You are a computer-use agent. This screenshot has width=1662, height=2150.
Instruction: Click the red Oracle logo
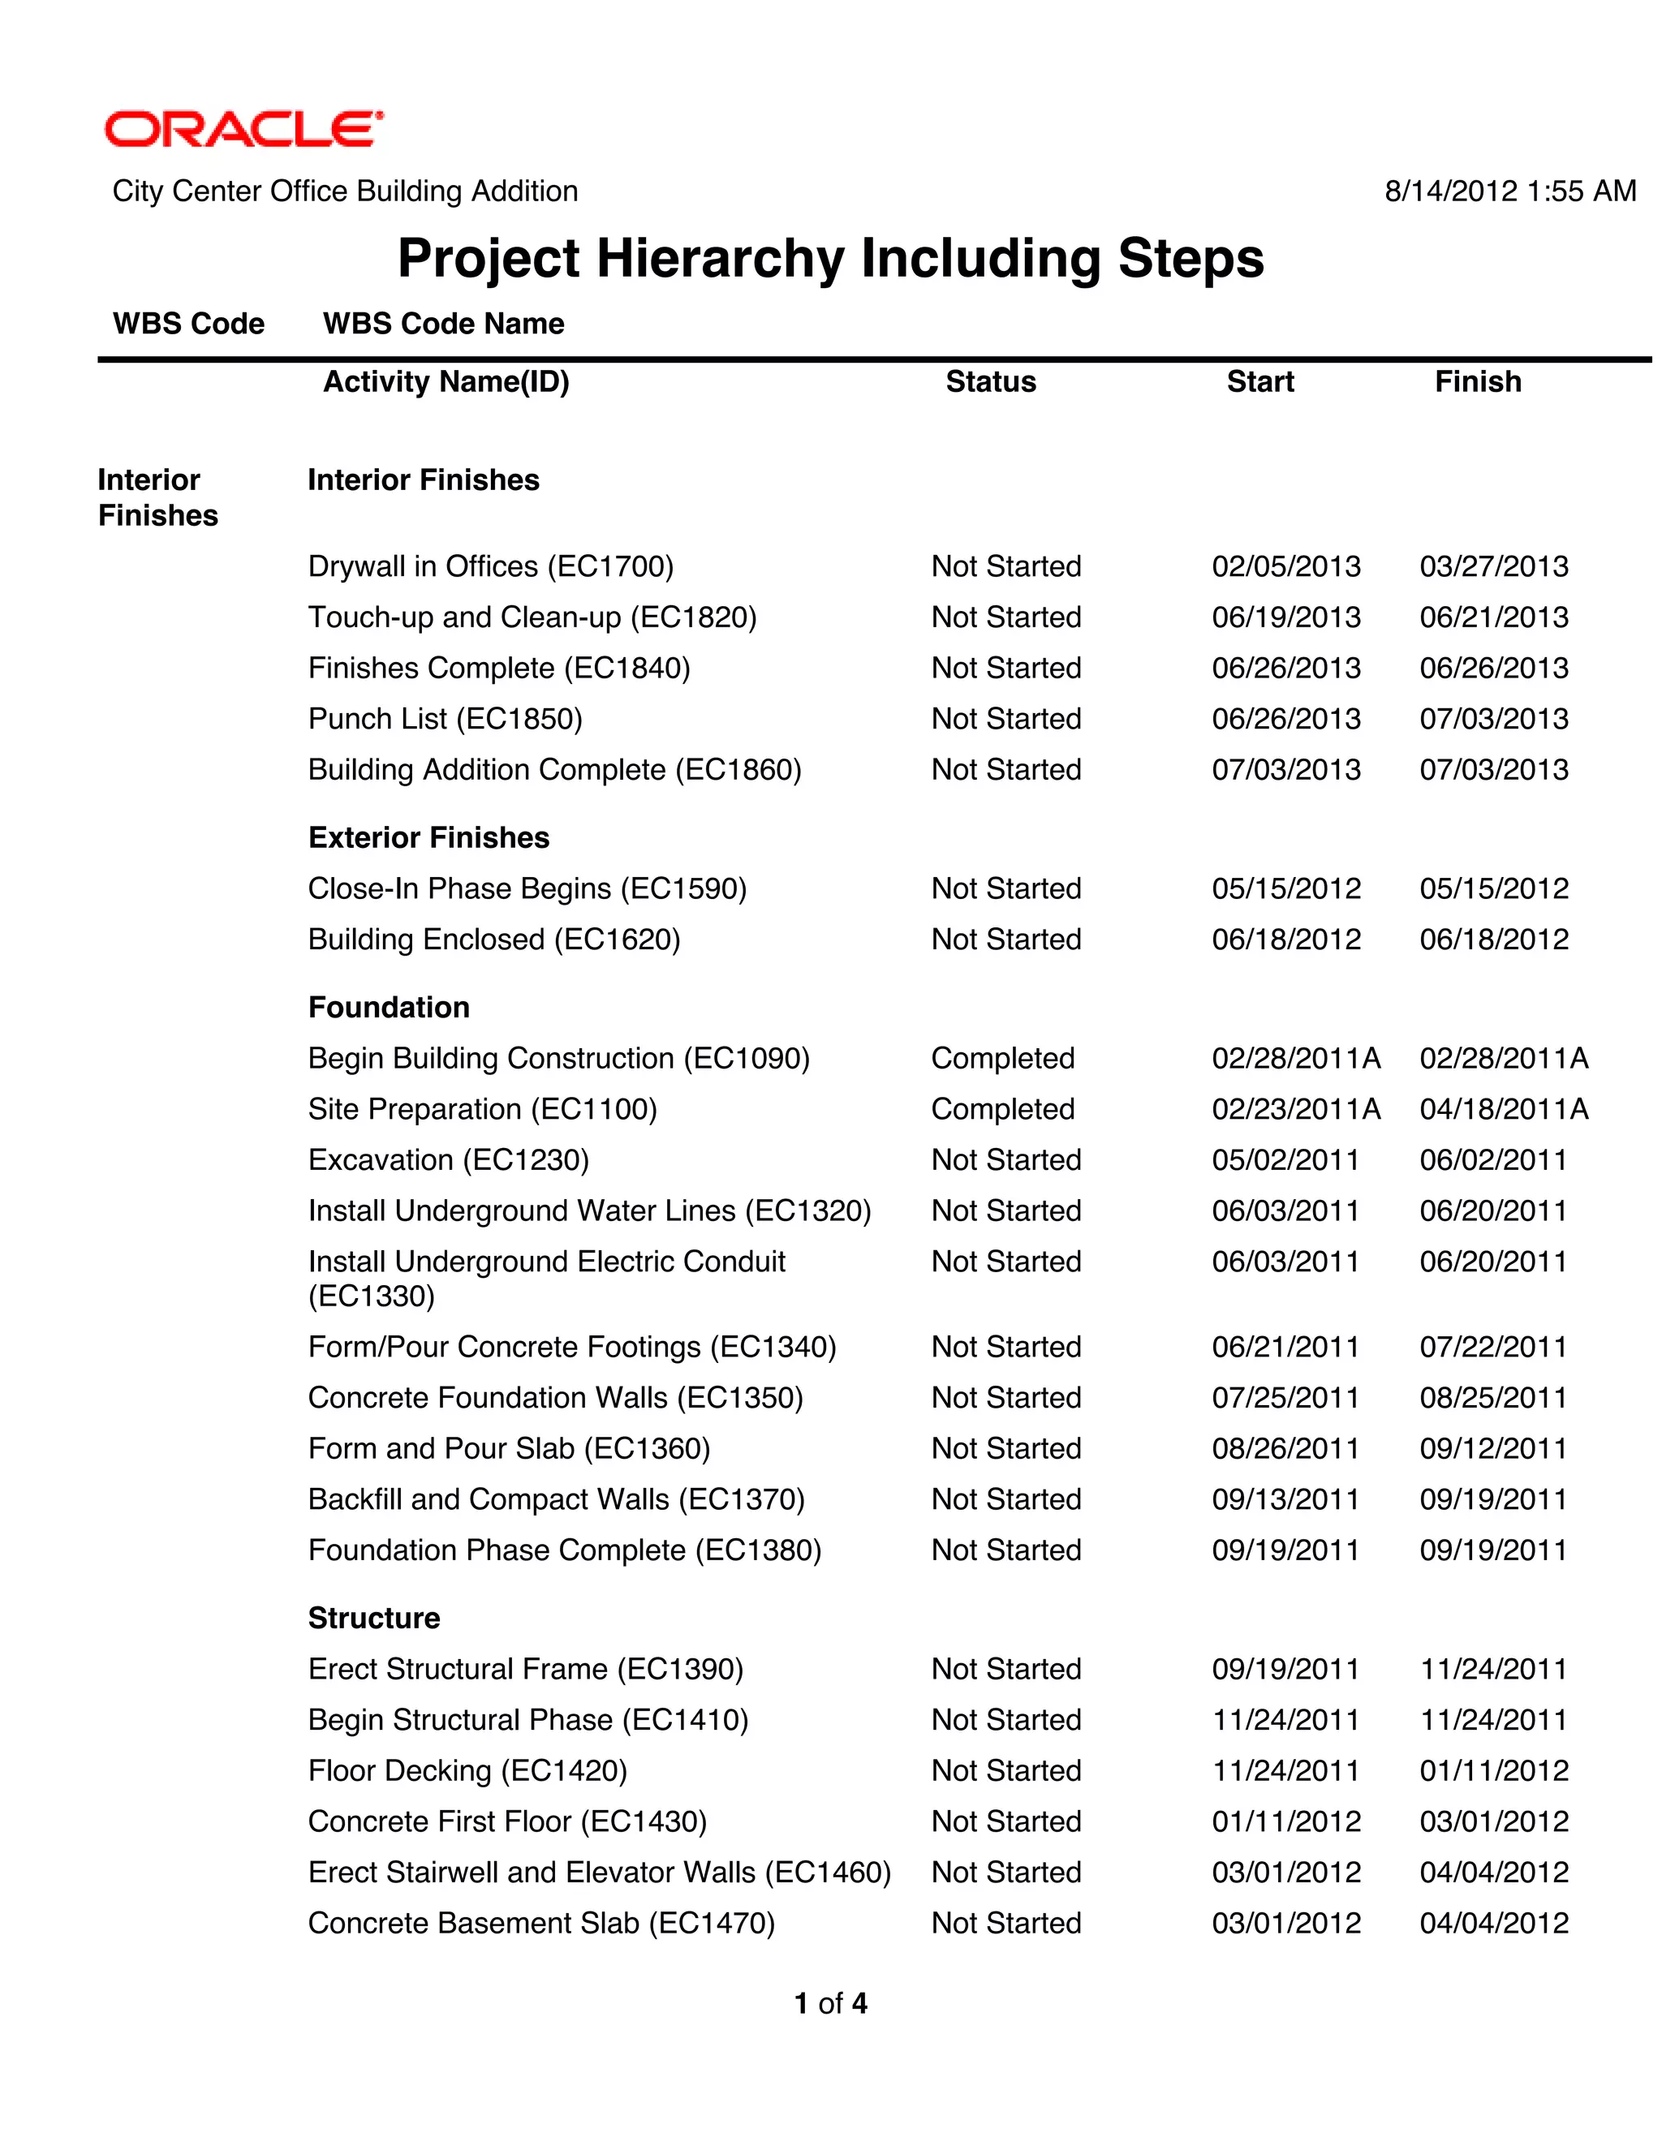click(243, 129)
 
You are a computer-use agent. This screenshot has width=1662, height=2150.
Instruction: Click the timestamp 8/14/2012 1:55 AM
click(1509, 191)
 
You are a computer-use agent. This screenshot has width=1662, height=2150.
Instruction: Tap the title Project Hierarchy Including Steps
click(830, 259)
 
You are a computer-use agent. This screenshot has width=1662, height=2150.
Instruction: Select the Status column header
click(991, 382)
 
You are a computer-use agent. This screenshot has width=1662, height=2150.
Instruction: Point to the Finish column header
click(1477, 382)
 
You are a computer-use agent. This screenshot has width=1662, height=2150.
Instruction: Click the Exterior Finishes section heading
click(428, 838)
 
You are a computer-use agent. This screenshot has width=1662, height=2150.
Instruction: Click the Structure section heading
click(373, 1618)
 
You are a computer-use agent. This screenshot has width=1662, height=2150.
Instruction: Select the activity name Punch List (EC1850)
click(445, 719)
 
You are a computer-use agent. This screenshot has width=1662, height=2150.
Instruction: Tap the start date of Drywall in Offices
click(1286, 566)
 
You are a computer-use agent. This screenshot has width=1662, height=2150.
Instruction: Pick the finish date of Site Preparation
click(1504, 1109)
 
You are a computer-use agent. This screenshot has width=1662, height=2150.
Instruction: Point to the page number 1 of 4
click(830, 2003)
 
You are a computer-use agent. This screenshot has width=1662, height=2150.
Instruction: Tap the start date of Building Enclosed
click(1286, 940)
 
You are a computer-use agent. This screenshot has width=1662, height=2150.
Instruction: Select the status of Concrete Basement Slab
click(1005, 1923)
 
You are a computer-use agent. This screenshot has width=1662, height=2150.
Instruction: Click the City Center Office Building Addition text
click(345, 191)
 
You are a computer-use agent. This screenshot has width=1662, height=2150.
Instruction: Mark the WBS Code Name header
click(443, 324)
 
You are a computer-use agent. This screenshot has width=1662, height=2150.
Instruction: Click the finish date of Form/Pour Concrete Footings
click(1492, 1347)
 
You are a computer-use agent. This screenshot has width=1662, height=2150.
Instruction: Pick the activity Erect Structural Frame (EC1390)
click(525, 1669)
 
